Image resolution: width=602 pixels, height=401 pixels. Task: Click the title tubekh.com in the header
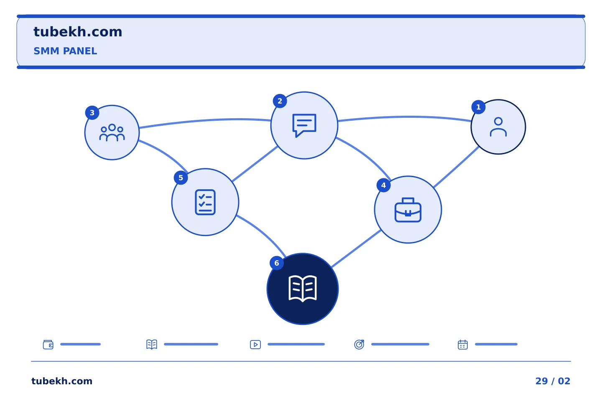pos(78,32)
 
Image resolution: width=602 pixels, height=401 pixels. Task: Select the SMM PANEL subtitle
pos(65,51)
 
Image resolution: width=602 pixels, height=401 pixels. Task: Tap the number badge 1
pos(478,107)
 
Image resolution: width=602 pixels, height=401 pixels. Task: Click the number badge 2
pos(280,101)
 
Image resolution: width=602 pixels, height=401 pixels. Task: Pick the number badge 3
pos(92,112)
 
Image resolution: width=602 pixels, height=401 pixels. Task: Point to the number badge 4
pos(383,185)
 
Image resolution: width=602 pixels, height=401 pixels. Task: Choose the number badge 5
pos(181,178)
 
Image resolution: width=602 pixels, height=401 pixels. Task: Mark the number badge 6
pos(277,263)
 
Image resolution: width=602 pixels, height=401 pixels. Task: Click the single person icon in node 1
pos(498,127)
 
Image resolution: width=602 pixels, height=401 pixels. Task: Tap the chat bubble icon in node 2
pos(304,125)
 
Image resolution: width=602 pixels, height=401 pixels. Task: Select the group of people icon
pos(112,132)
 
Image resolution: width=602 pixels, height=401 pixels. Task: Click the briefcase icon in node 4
pos(408,210)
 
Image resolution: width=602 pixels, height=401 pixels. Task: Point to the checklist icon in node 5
pos(205,202)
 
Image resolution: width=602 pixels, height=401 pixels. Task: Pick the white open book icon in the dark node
pos(303,289)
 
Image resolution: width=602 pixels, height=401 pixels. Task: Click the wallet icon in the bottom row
pos(48,345)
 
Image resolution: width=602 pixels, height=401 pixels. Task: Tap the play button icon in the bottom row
pos(255,345)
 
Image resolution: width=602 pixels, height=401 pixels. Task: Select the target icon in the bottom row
pos(359,344)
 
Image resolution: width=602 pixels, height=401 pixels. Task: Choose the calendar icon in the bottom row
pos(463,345)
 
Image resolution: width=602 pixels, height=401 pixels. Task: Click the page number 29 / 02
pos(553,381)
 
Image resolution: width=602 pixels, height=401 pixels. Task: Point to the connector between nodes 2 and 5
pos(255,164)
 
